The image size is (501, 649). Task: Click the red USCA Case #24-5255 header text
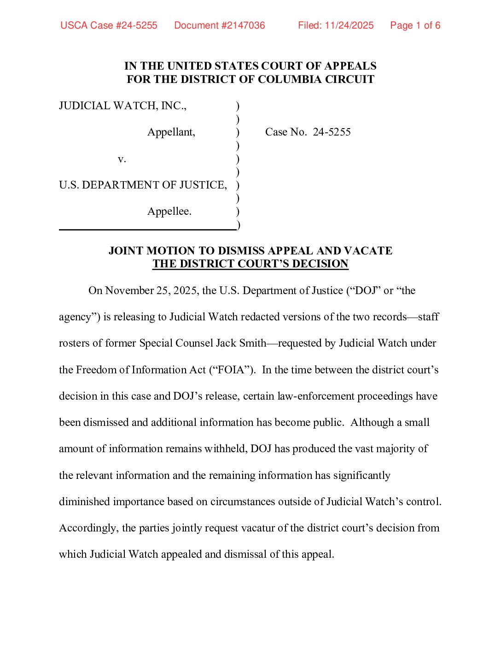coord(109,25)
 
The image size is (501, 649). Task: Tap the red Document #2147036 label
coord(219,25)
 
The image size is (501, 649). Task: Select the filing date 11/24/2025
coord(349,25)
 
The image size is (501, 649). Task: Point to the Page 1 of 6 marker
coord(415,25)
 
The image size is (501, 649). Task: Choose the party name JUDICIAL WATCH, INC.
coord(122,106)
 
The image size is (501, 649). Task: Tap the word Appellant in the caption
coord(171,132)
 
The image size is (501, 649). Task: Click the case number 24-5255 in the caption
coord(332,132)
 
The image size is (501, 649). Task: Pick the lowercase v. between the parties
coord(122,159)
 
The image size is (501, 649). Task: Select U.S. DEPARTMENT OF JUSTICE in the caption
coord(143,185)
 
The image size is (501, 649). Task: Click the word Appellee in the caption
coord(169,212)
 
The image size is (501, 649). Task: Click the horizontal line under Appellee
coord(147,229)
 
